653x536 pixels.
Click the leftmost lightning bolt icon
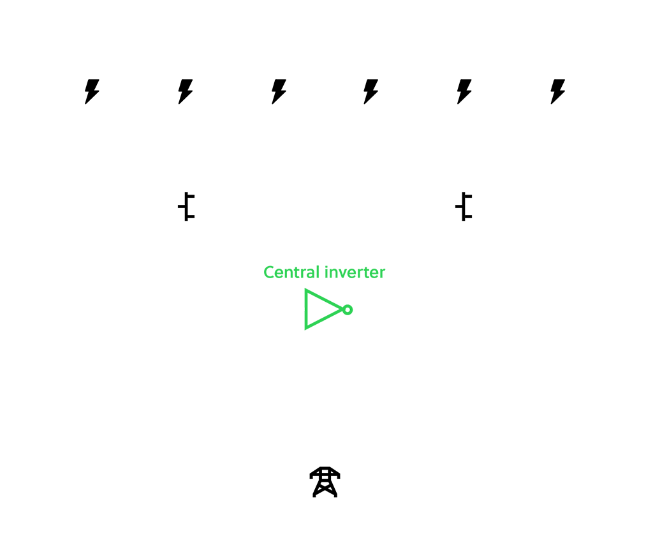click(92, 91)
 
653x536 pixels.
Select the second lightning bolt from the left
click(185, 91)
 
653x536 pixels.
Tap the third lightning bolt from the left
click(279, 91)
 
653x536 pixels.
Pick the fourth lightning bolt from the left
click(371, 91)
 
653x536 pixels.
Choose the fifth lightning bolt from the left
click(464, 91)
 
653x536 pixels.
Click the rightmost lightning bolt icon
click(558, 91)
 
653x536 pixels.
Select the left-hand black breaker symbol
click(186, 207)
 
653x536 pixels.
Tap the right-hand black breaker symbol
click(464, 207)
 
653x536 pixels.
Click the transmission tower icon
click(325, 482)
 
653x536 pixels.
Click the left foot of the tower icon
click(315, 495)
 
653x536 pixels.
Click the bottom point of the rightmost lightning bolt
click(553, 103)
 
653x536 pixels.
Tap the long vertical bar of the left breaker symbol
click(186, 207)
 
